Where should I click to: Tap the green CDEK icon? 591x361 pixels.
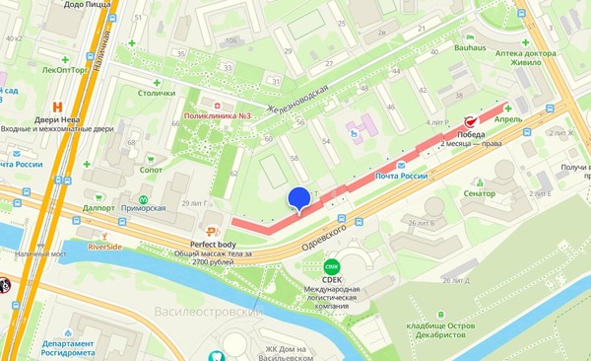[x=331, y=264]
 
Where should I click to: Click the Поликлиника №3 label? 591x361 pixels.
[x=218, y=115]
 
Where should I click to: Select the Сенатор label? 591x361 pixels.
[x=480, y=193]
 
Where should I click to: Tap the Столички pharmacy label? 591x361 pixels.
[x=155, y=94]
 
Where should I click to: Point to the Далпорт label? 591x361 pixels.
[x=99, y=209]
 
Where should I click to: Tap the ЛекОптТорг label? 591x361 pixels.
[x=65, y=71]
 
